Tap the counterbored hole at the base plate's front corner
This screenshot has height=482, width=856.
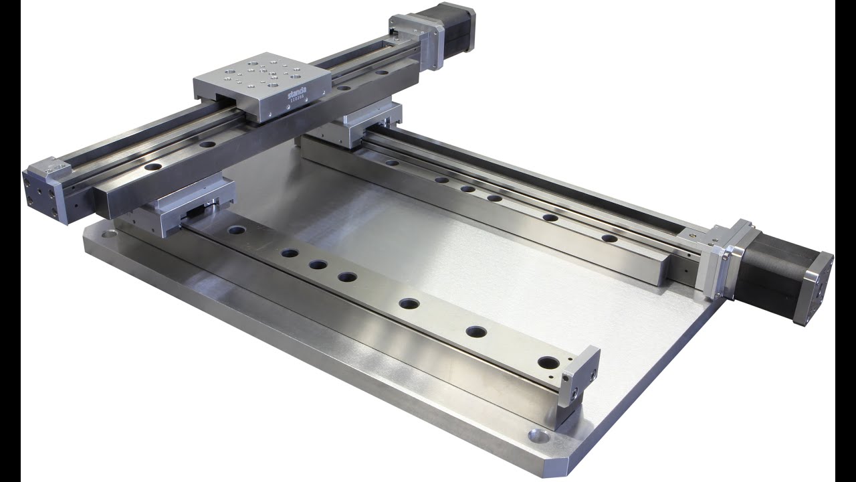click(x=539, y=436)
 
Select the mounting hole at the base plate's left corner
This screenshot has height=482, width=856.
click(x=107, y=235)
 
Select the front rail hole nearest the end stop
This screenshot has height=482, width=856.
click(x=548, y=363)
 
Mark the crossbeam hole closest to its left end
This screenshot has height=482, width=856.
click(x=153, y=167)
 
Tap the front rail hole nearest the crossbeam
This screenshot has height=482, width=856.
click(x=236, y=230)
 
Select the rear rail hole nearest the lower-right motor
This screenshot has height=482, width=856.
click(x=609, y=238)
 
